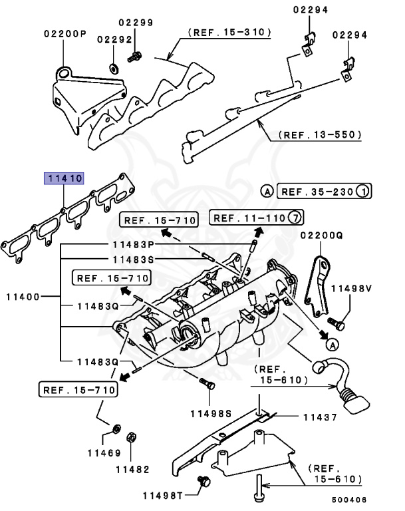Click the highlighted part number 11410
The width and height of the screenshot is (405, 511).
click(64, 178)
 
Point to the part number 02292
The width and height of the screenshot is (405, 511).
click(114, 39)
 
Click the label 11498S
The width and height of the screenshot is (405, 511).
click(209, 413)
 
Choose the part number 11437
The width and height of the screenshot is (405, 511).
click(323, 417)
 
